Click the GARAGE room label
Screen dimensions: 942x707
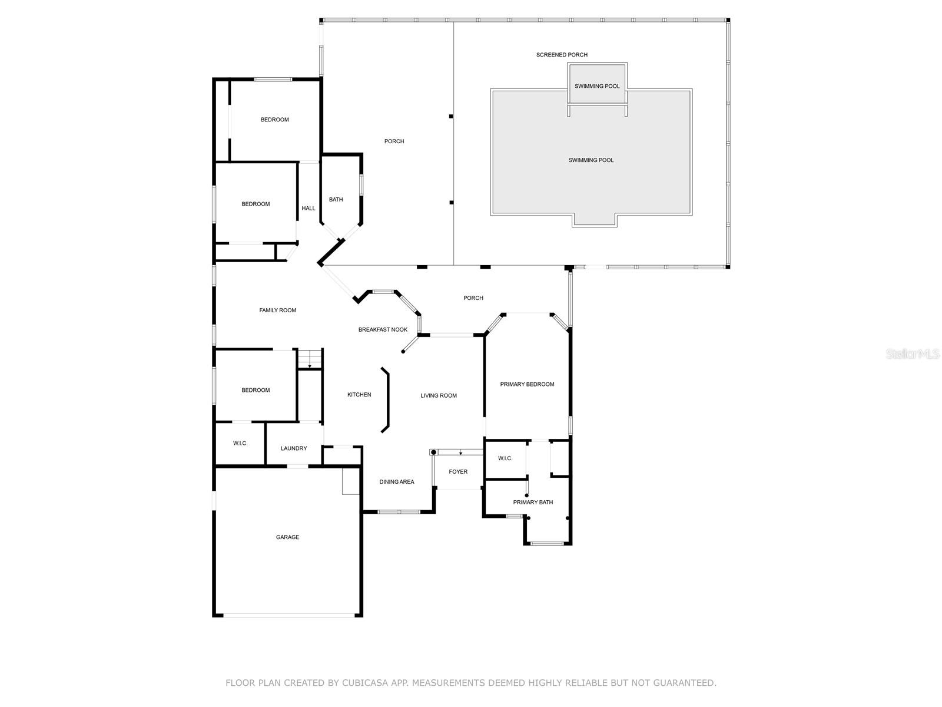(x=287, y=537)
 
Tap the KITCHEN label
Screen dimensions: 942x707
(x=359, y=395)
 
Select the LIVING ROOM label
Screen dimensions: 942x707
(x=438, y=395)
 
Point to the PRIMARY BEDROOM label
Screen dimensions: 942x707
(x=527, y=384)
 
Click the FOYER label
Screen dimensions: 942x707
(x=458, y=471)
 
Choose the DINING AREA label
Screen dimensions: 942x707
(x=397, y=481)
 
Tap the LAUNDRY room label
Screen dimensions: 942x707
(x=294, y=448)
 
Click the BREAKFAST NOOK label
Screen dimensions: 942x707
(x=383, y=329)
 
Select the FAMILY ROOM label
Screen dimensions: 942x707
(x=278, y=310)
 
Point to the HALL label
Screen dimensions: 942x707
(x=308, y=208)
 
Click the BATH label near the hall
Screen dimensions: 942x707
(x=336, y=199)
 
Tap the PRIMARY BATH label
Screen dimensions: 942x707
(x=533, y=502)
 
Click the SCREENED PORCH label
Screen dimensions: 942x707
(x=562, y=55)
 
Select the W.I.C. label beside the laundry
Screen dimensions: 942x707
(x=240, y=443)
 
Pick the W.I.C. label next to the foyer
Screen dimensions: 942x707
(x=505, y=458)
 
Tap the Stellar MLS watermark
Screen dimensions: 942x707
(x=913, y=353)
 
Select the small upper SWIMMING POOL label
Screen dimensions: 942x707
(x=597, y=86)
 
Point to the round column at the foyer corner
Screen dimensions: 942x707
(x=433, y=452)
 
